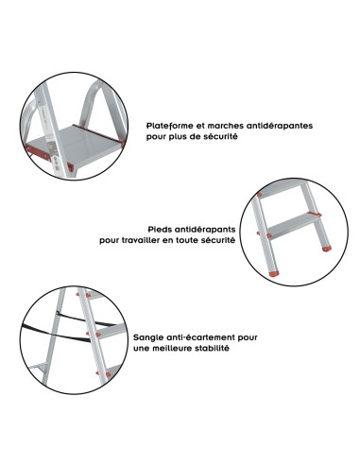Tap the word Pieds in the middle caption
(x=165, y=229)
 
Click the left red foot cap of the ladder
(x=274, y=274)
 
